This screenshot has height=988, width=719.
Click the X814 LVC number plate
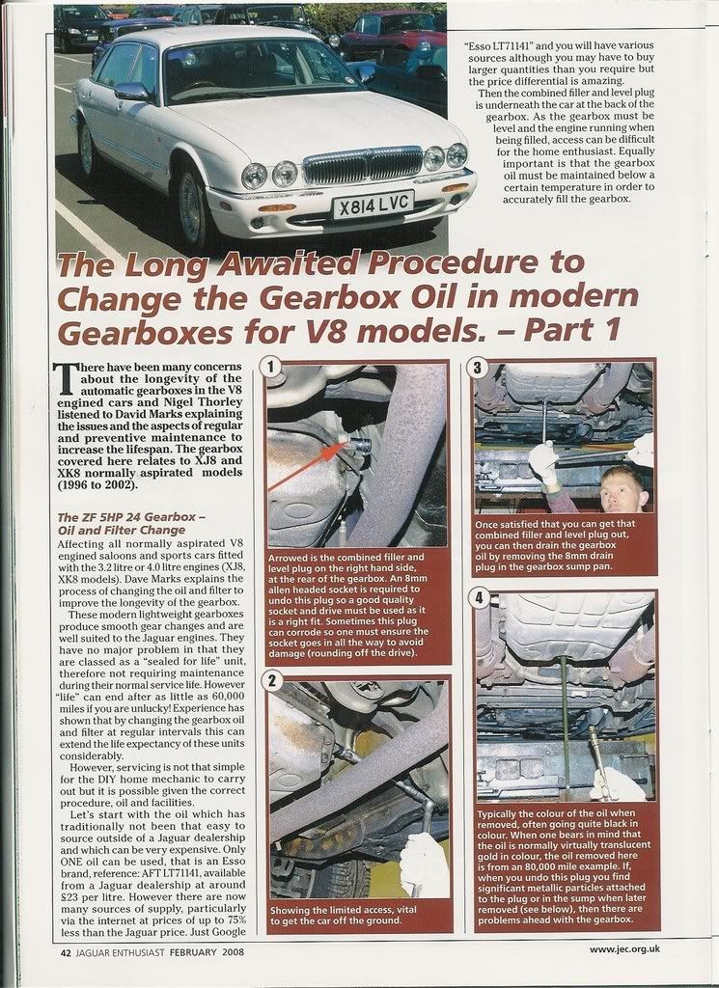[373, 205]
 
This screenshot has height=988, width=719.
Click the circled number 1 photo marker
[275, 368]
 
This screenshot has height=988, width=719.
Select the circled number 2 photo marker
[275, 683]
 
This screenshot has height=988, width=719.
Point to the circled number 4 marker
[483, 598]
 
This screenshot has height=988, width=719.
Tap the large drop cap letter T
[67, 378]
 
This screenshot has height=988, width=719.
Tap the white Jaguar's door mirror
[132, 91]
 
